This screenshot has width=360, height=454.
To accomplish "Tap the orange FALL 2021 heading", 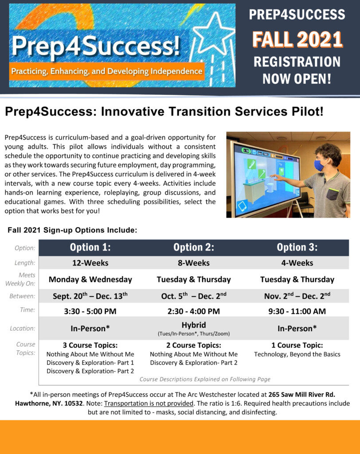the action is [x=297, y=39].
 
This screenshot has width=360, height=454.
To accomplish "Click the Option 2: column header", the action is [x=194, y=247].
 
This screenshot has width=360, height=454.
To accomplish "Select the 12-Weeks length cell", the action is [x=90, y=263].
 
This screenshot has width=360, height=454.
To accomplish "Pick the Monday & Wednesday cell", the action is [x=90, y=279].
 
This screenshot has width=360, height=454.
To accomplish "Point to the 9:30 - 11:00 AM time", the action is [x=297, y=311].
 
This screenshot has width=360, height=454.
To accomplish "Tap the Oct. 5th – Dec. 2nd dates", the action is [x=194, y=296].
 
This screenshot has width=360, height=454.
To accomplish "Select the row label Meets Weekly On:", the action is [x=20, y=279].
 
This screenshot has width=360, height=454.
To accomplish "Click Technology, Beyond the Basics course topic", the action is [x=297, y=354].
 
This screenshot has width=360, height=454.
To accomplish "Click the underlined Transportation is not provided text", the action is [x=149, y=403].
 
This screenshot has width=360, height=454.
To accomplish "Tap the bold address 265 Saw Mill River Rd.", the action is [x=302, y=394].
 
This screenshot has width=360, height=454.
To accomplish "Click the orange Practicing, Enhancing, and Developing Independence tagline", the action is [x=107, y=71].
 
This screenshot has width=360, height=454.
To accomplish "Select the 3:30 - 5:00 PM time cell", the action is [x=90, y=311].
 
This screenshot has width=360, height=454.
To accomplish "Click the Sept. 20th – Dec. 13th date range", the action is [x=90, y=296].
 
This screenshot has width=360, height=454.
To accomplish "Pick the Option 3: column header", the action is [x=297, y=247].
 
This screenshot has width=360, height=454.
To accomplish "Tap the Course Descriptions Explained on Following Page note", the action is [x=205, y=380].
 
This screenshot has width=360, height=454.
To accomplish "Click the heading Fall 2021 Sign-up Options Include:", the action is [x=72, y=230].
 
